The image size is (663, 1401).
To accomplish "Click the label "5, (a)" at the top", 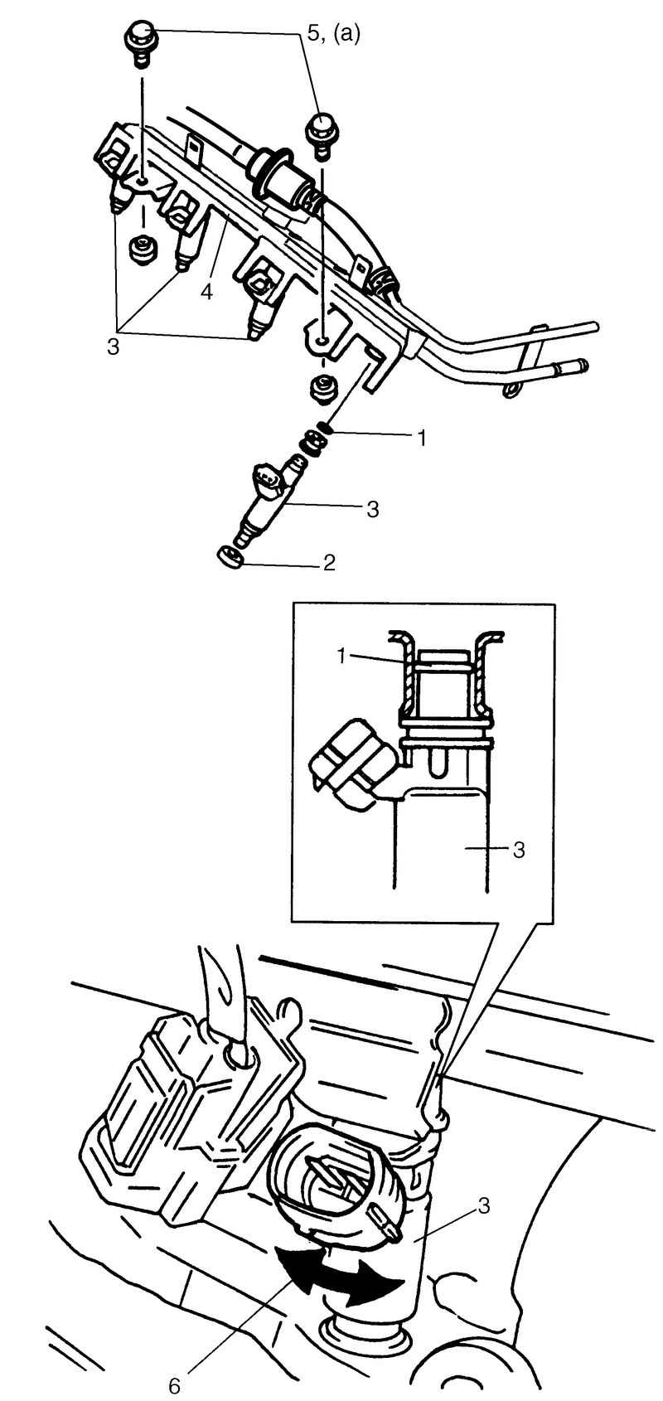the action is click(335, 33).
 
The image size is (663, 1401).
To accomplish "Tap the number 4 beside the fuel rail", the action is click(206, 292).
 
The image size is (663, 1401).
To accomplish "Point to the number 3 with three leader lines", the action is click(113, 347).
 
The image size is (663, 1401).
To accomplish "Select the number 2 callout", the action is click(329, 562).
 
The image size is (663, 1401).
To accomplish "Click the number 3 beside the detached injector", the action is click(373, 510).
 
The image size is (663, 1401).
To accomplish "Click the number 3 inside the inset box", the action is click(519, 850).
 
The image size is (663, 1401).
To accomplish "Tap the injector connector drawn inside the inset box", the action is click(353, 764).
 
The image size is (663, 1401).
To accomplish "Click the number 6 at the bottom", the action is click(174, 1386).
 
